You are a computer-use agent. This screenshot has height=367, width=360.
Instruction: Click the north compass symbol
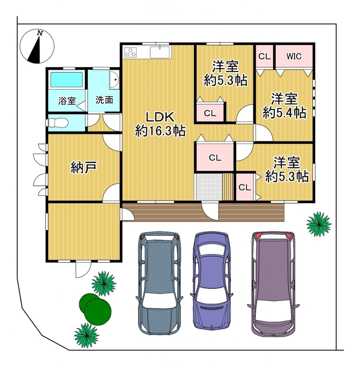pos(37,46)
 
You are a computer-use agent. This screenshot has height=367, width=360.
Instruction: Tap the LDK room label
pos(160,117)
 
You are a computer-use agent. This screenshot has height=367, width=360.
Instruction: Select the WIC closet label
pos(294,56)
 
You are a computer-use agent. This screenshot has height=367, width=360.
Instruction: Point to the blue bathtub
pos(67,79)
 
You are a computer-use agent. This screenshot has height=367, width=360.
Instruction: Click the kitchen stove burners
pos(130,51)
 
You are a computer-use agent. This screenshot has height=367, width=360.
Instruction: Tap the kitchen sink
pos(159,52)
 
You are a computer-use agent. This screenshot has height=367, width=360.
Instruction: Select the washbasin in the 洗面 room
pos(114,79)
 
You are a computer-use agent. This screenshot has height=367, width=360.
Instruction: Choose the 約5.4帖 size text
pos(284,112)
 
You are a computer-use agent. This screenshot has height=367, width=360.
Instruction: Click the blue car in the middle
pos(211,280)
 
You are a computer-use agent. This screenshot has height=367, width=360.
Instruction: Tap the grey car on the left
pos(159,282)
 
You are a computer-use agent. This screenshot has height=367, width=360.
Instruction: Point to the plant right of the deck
pos(319,224)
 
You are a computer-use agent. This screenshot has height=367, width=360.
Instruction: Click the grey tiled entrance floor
pos(209,187)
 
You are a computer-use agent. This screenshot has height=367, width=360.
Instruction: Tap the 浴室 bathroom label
pos(67,101)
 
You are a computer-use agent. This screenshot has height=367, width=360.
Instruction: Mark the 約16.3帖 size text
pos(160,131)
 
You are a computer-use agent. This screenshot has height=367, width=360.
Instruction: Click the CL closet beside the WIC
pos(264,56)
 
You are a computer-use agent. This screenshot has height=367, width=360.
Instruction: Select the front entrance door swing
pos(211,211)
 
